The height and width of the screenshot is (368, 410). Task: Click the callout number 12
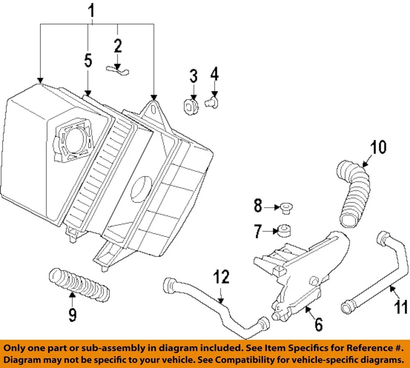coord(222,278)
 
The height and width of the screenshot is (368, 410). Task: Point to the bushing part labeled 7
coord(284,230)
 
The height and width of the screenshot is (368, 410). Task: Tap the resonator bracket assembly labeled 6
coord(299,273)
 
